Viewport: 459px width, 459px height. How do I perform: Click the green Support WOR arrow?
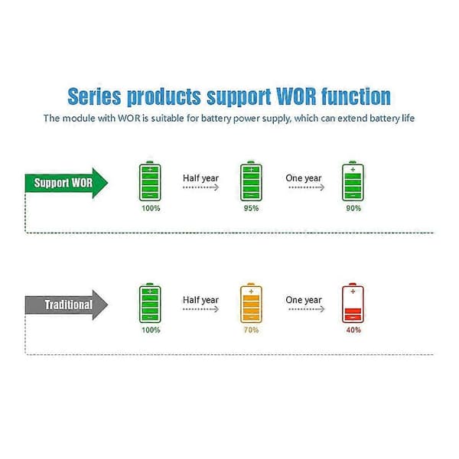66,183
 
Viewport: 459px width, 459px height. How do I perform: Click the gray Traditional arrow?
66,304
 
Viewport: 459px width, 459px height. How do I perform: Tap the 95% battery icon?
251,181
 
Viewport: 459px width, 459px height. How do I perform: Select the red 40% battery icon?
353,303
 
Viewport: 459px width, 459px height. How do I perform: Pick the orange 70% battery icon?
251,303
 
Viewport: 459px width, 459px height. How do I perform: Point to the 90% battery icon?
353,181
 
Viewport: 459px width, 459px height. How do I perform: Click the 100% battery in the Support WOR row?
150,181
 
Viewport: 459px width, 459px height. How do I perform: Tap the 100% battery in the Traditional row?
150,303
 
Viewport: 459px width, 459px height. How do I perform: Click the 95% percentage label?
251,208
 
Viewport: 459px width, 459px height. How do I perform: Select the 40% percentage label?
353,330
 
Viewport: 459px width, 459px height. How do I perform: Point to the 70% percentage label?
251,330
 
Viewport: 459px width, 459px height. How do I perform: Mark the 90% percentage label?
353,208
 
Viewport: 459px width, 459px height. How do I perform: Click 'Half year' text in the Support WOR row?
200,178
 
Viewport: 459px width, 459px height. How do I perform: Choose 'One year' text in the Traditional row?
304,300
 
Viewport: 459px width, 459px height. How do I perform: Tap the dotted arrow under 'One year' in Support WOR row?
307,187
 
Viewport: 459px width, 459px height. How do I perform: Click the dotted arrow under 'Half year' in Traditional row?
200,309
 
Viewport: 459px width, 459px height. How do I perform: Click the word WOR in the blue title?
296,96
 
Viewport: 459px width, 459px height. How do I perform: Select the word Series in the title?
94,96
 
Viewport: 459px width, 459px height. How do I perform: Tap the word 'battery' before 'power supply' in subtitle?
216,119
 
